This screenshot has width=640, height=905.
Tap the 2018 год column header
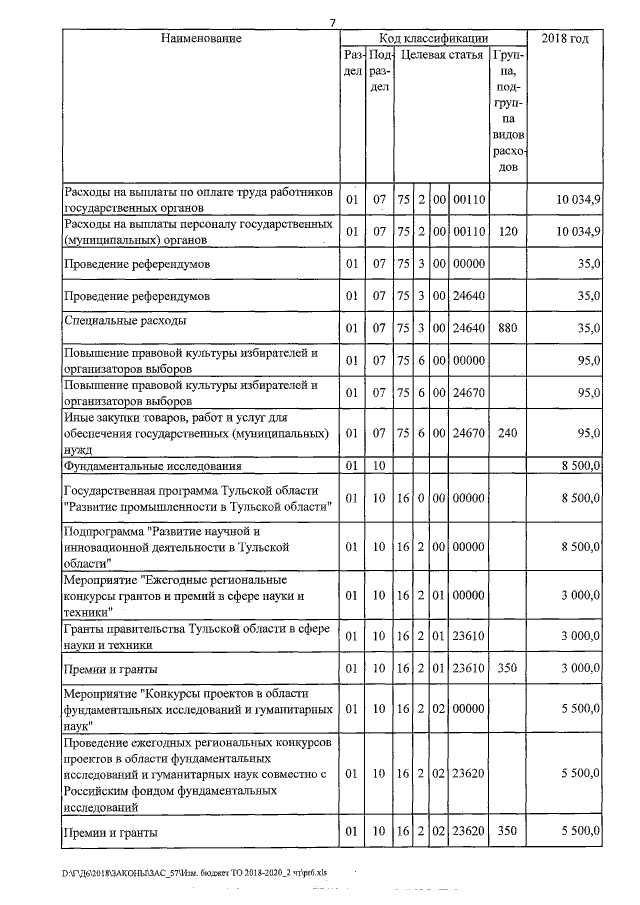pyautogui.click(x=564, y=38)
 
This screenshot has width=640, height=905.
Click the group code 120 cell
pyautogui.click(x=508, y=232)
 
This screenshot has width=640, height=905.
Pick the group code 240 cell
pyautogui.click(x=508, y=433)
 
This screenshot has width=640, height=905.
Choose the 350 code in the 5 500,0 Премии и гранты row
pyautogui.click(x=508, y=832)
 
